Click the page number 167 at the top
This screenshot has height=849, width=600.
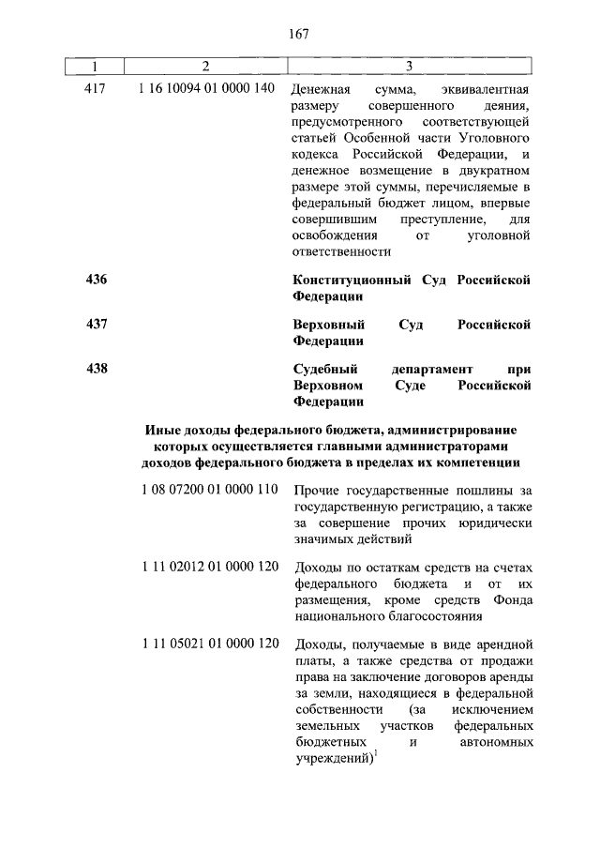point(299,34)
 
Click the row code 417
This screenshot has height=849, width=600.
point(96,88)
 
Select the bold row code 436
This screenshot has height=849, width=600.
point(96,280)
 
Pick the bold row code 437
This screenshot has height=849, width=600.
point(96,324)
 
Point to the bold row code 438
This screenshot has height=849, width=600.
point(96,369)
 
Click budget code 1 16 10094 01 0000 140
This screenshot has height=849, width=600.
point(207,88)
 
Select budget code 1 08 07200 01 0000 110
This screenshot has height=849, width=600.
point(210,489)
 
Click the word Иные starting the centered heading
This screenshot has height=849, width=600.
point(162,429)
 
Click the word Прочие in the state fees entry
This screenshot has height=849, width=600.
point(315,491)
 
